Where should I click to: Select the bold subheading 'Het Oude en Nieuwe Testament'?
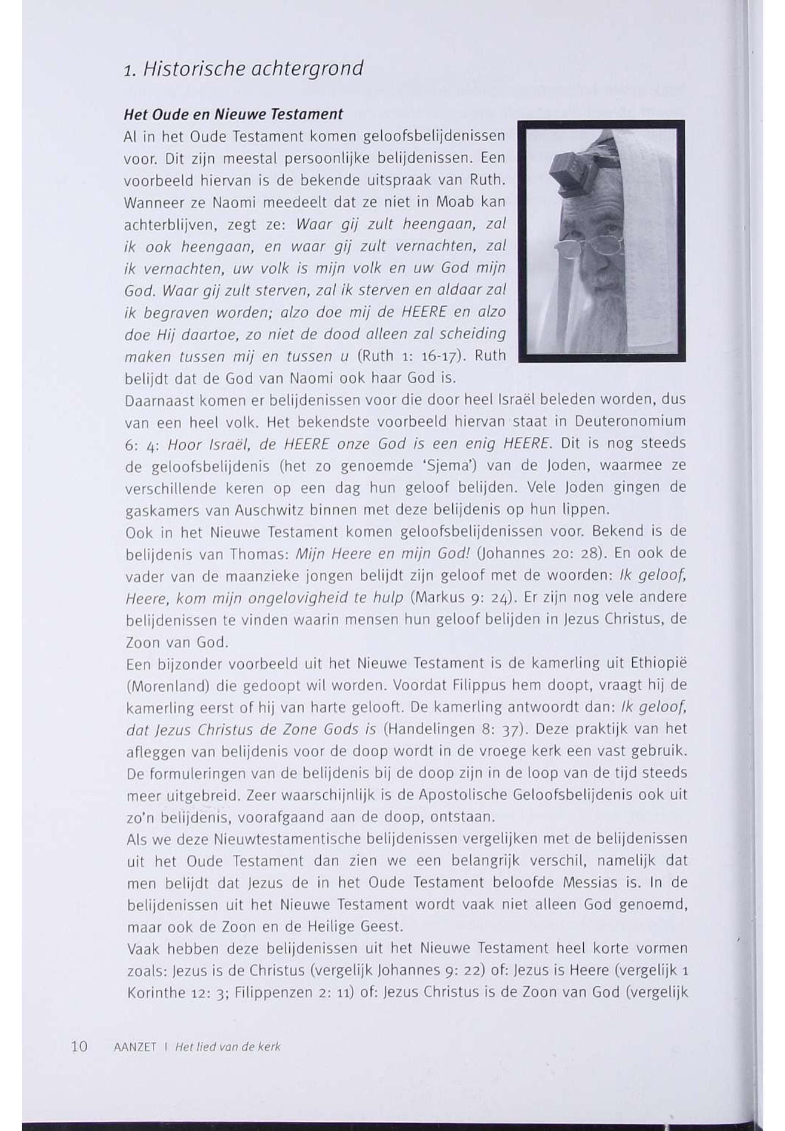[233, 114]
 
